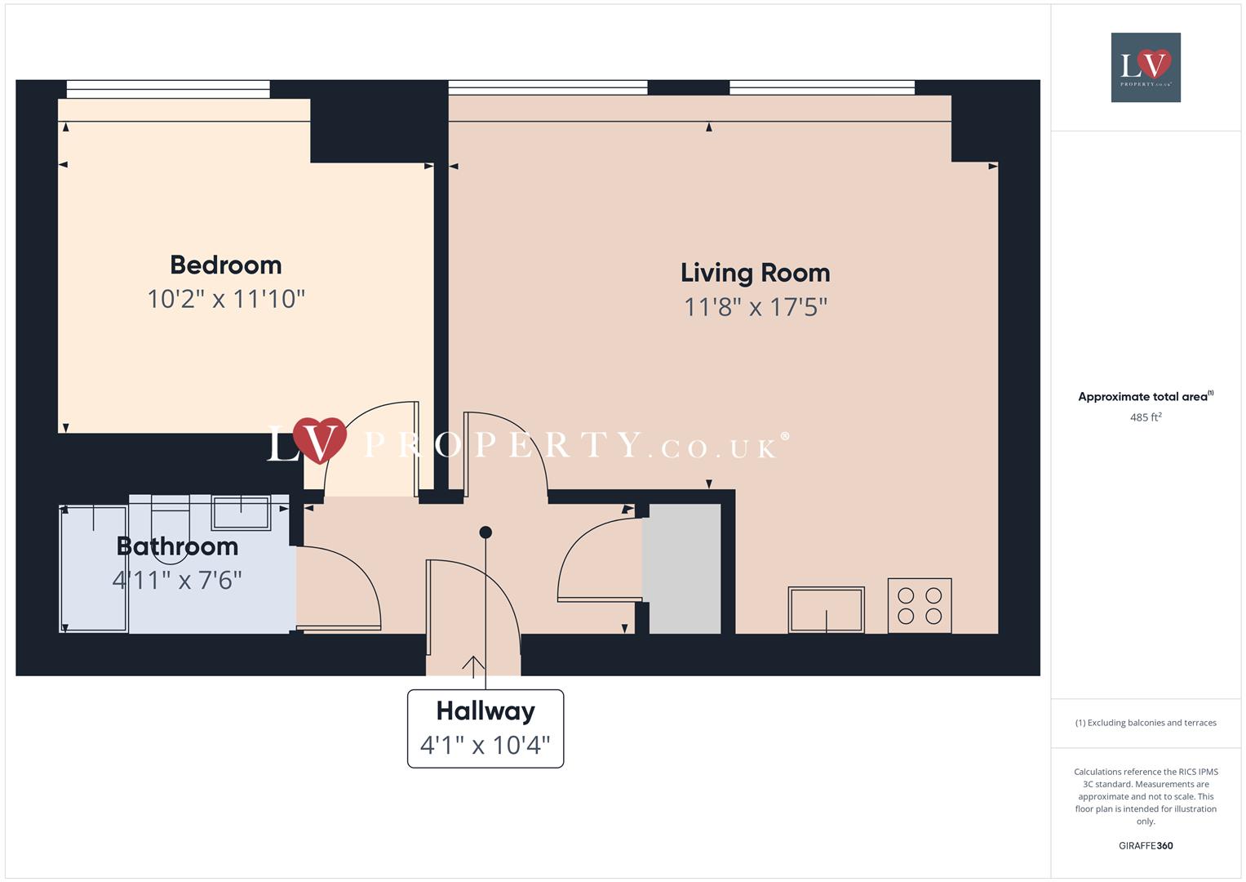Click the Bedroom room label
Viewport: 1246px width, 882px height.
[x=225, y=265]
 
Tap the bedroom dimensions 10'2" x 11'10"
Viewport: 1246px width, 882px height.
[x=225, y=299]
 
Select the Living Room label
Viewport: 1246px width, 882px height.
[x=755, y=273]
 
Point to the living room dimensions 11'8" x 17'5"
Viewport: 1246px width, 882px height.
[x=755, y=307]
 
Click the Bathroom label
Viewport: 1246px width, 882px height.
[x=177, y=546]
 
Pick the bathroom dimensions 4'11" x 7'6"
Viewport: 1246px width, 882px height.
[x=177, y=580]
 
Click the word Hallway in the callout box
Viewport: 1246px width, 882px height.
[x=485, y=711]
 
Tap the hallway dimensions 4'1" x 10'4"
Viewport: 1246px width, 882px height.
[x=485, y=745]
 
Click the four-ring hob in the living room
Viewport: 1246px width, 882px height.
[x=919, y=606]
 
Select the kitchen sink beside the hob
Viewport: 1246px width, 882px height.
[x=826, y=609]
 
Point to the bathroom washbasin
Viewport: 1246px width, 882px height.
[x=241, y=513]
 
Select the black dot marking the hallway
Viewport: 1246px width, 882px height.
[x=486, y=532]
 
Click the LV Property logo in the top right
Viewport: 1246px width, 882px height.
[x=1145, y=67]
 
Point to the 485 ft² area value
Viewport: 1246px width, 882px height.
[x=1145, y=417]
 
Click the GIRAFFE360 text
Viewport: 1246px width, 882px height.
[x=1145, y=846]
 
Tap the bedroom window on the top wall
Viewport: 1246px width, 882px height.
[x=168, y=88]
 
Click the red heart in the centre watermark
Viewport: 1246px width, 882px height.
[x=320, y=439]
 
